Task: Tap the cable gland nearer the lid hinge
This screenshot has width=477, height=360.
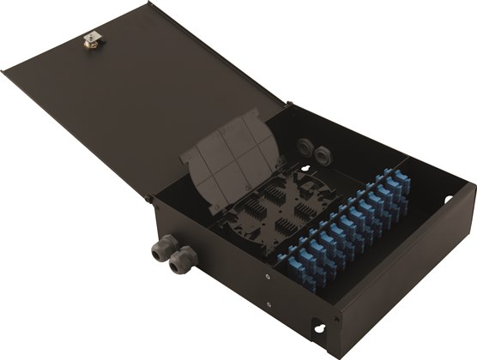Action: point(161,248)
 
